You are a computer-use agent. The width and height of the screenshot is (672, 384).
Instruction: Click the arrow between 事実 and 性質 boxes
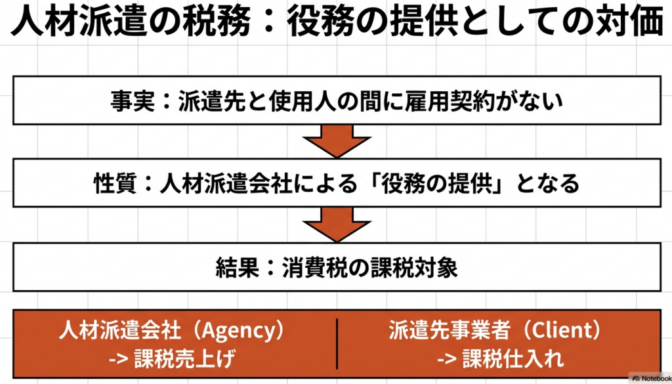[335, 139]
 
